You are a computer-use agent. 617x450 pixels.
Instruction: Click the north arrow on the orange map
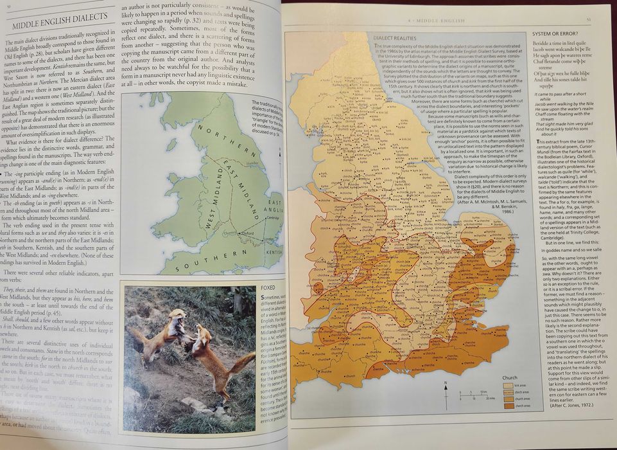446,388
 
